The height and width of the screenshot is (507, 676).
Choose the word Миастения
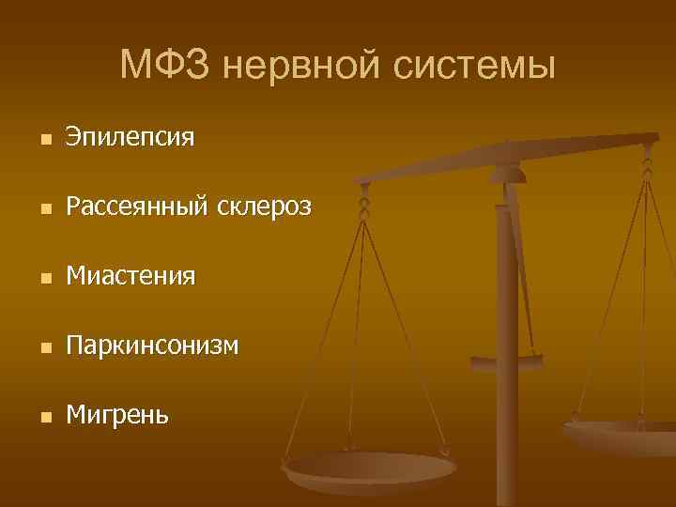(130, 276)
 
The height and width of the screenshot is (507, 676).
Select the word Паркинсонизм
(151, 346)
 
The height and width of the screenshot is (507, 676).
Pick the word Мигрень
(117, 414)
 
